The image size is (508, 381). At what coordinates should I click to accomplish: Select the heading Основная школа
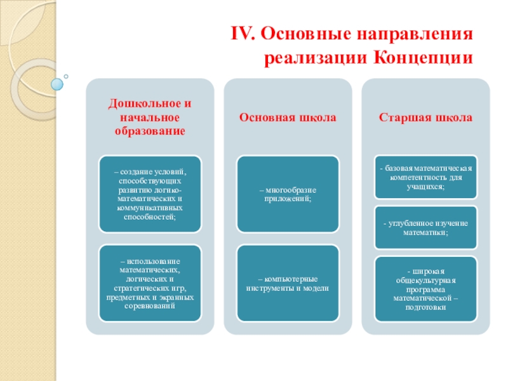(x=288, y=117)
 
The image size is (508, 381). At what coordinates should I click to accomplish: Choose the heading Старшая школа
(x=425, y=117)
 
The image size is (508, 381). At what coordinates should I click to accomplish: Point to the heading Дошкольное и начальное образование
(x=150, y=117)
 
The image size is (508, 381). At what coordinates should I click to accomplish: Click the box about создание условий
(x=150, y=194)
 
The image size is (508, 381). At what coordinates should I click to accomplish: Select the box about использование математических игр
(x=150, y=283)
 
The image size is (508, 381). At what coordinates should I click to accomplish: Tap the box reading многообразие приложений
(x=288, y=194)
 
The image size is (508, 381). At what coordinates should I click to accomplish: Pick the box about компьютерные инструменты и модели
(x=288, y=283)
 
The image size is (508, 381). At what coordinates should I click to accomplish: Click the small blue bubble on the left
(x=58, y=83)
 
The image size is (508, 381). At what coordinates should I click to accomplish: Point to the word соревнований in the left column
(x=150, y=306)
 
